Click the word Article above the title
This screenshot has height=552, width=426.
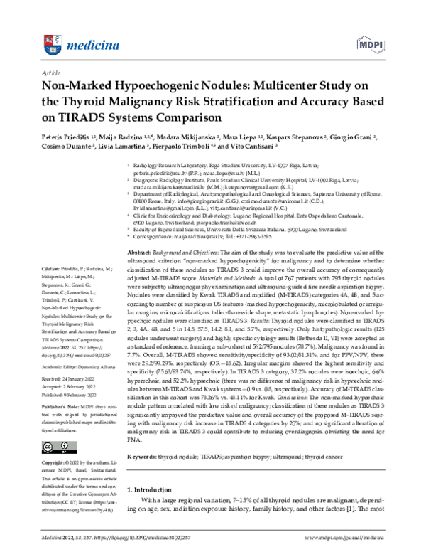point(51,73)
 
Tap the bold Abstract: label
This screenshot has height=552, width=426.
point(140,214)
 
